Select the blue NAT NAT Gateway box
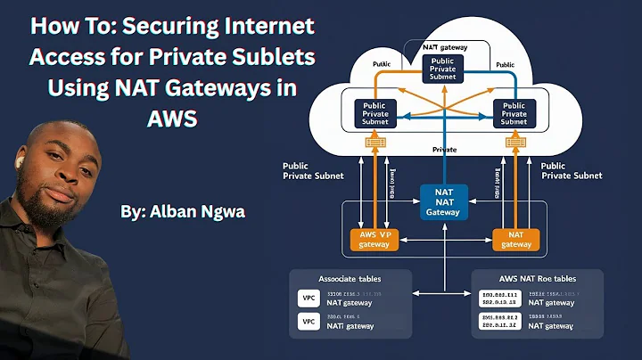(x=444, y=200)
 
